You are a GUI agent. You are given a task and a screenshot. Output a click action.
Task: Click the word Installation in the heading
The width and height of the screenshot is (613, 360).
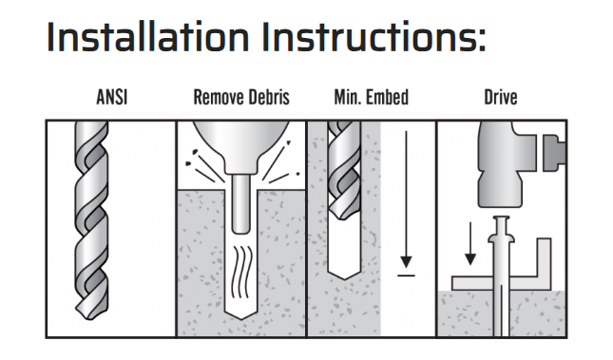(x=147, y=37)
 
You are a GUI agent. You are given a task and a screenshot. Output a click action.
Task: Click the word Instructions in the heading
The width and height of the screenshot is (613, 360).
(x=374, y=37)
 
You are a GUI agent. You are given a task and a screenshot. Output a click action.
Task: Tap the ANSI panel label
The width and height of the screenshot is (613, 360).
(x=112, y=97)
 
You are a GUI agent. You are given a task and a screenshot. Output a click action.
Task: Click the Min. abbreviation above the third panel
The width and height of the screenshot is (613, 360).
(x=348, y=97)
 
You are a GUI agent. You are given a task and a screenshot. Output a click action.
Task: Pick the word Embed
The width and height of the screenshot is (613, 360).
(x=388, y=97)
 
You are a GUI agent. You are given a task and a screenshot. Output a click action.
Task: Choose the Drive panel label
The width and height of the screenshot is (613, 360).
(x=501, y=97)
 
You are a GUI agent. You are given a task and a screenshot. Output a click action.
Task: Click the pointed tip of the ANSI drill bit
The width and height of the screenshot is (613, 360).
(x=91, y=317)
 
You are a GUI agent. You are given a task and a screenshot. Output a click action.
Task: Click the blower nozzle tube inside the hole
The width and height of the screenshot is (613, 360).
(x=240, y=204)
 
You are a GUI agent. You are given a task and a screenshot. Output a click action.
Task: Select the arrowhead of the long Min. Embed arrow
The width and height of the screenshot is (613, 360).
(x=406, y=262)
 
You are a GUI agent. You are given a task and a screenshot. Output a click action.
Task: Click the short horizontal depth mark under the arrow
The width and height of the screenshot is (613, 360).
(x=406, y=275)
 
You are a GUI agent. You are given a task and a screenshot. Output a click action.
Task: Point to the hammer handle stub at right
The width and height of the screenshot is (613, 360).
(x=554, y=152)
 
